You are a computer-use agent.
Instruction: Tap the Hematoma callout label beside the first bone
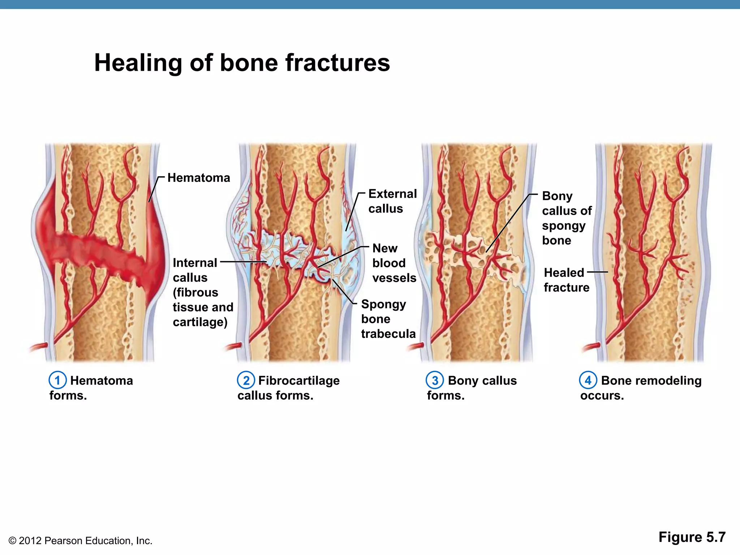pos(199,178)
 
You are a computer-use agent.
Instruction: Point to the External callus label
pos(392,201)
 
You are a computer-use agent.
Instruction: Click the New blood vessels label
pos(394,263)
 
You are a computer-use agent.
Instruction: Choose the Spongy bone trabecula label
pos(388,319)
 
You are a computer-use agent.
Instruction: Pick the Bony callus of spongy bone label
pos(566,218)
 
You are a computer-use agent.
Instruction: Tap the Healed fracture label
pos(566,280)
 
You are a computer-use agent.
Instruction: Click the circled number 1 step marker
pos(57,380)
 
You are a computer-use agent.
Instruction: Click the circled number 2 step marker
pos(246,380)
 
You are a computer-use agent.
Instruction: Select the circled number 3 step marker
pos(435,380)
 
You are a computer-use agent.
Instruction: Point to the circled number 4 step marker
pos(588,380)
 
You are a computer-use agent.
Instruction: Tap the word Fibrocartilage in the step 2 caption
pos(299,380)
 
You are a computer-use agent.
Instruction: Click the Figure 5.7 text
pos(692,537)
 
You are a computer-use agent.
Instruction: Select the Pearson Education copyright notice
pos(80,541)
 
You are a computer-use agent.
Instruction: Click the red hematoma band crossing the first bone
pos(98,253)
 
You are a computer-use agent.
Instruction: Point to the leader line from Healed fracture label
pos(597,272)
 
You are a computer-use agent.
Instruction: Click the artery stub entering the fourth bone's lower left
pos(590,348)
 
